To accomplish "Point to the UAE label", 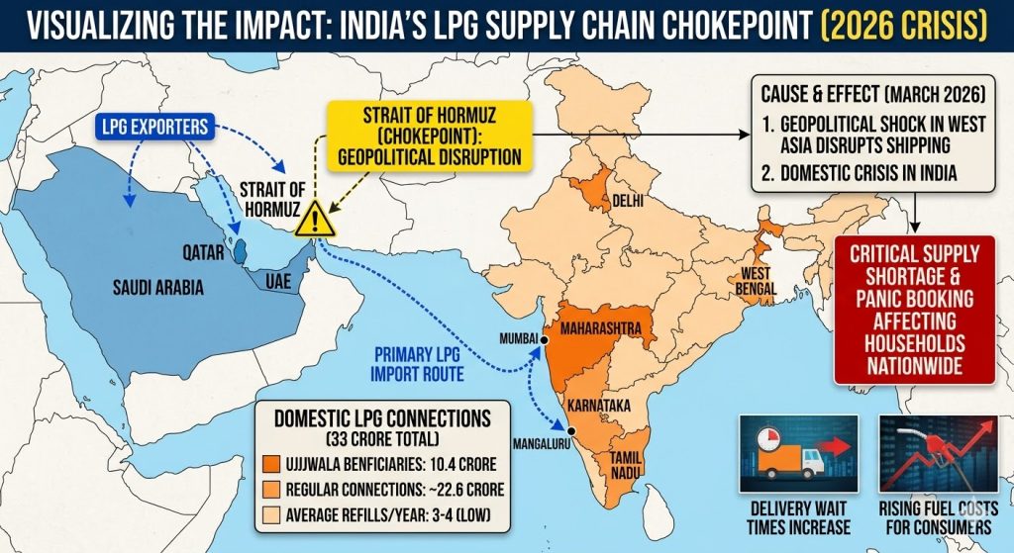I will [277, 281].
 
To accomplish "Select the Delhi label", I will [628, 201].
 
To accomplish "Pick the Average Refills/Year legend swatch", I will [269, 511].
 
